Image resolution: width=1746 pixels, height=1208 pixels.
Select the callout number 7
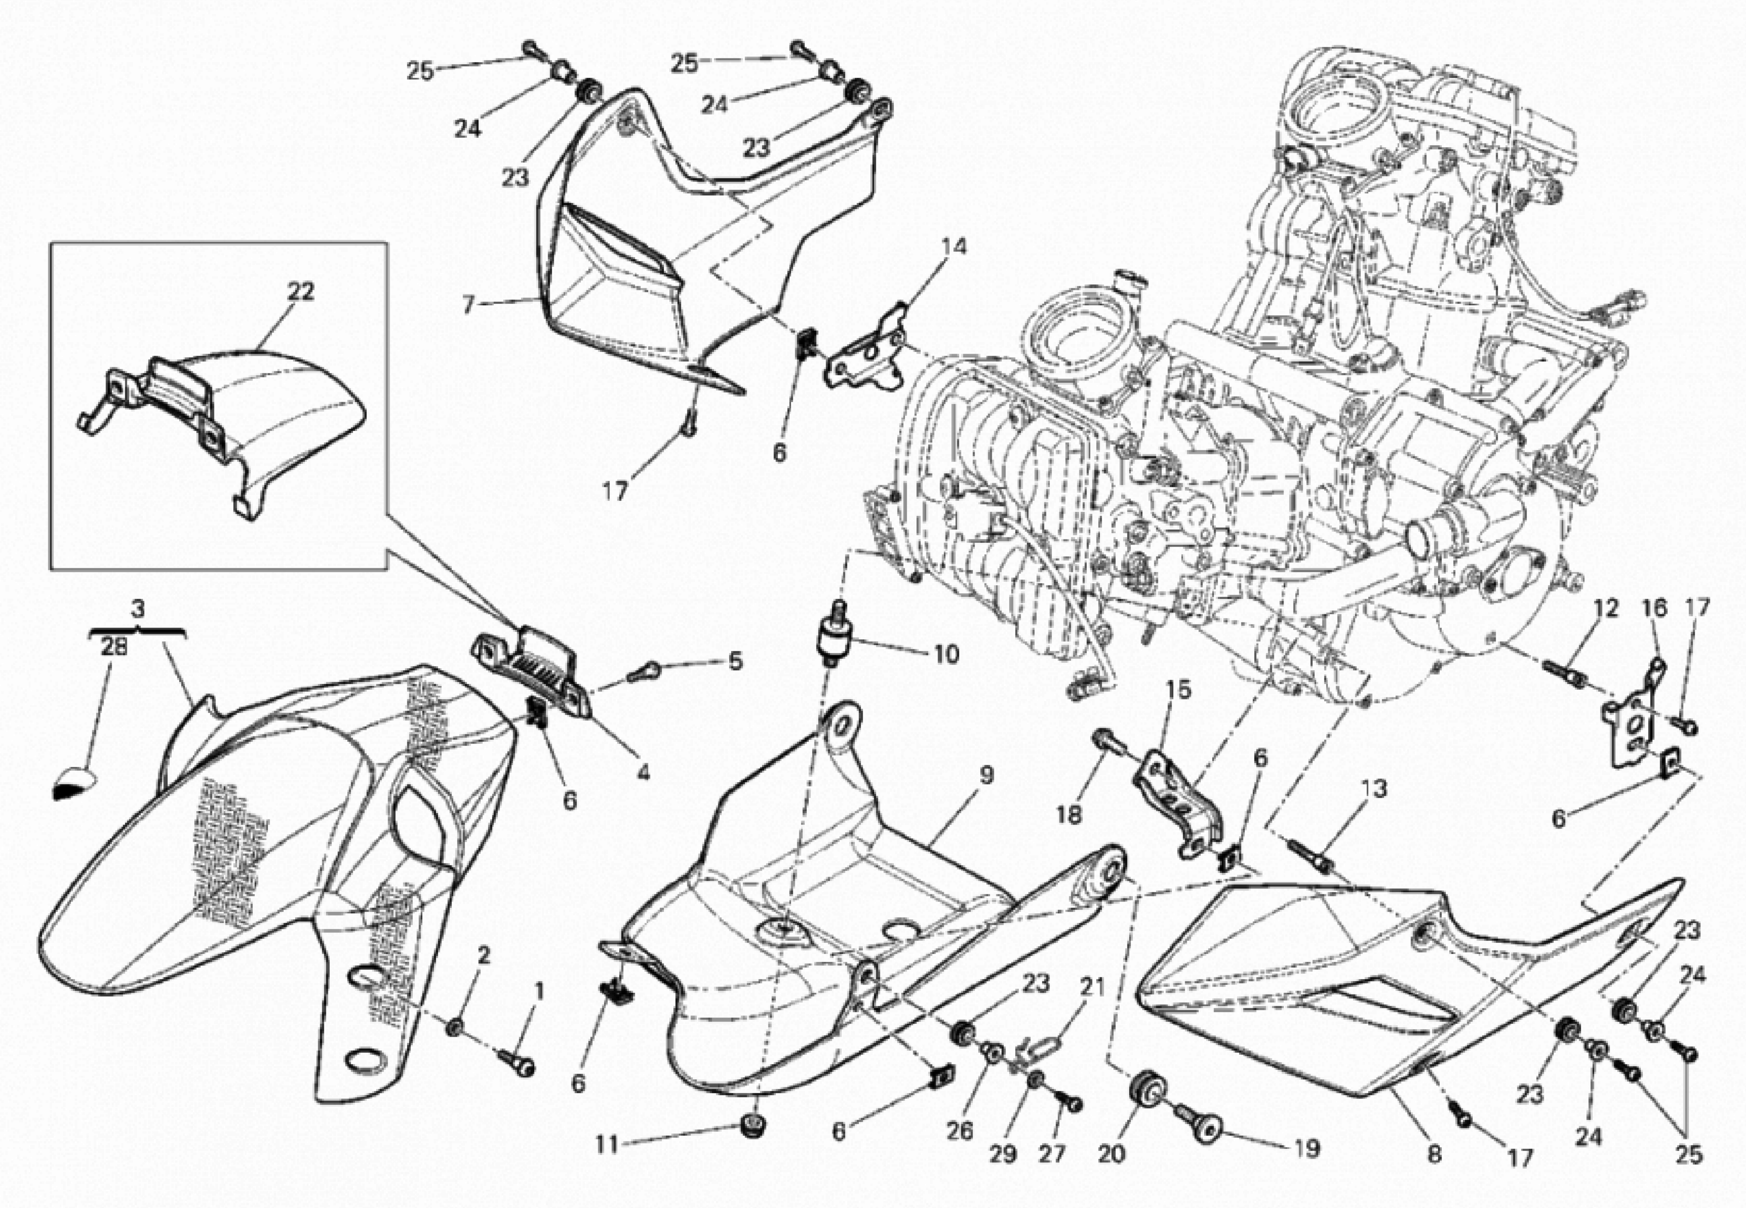pyautogui.click(x=468, y=305)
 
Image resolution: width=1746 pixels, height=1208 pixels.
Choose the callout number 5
pyautogui.click(x=735, y=662)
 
